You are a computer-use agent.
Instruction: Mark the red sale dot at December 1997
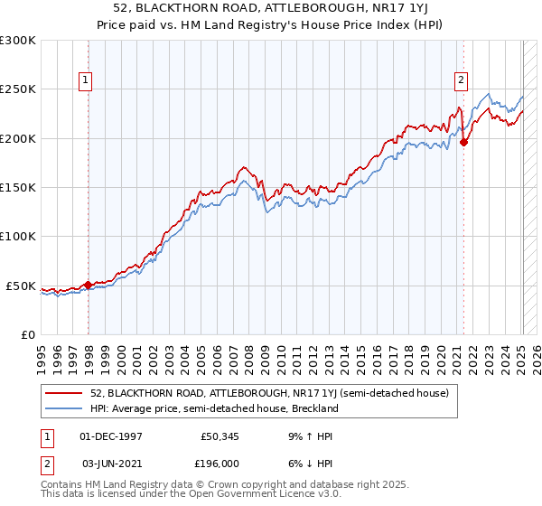pos(89,285)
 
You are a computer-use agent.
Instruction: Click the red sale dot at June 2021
pos(464,142)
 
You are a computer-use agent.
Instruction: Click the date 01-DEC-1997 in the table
pos(111,436)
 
